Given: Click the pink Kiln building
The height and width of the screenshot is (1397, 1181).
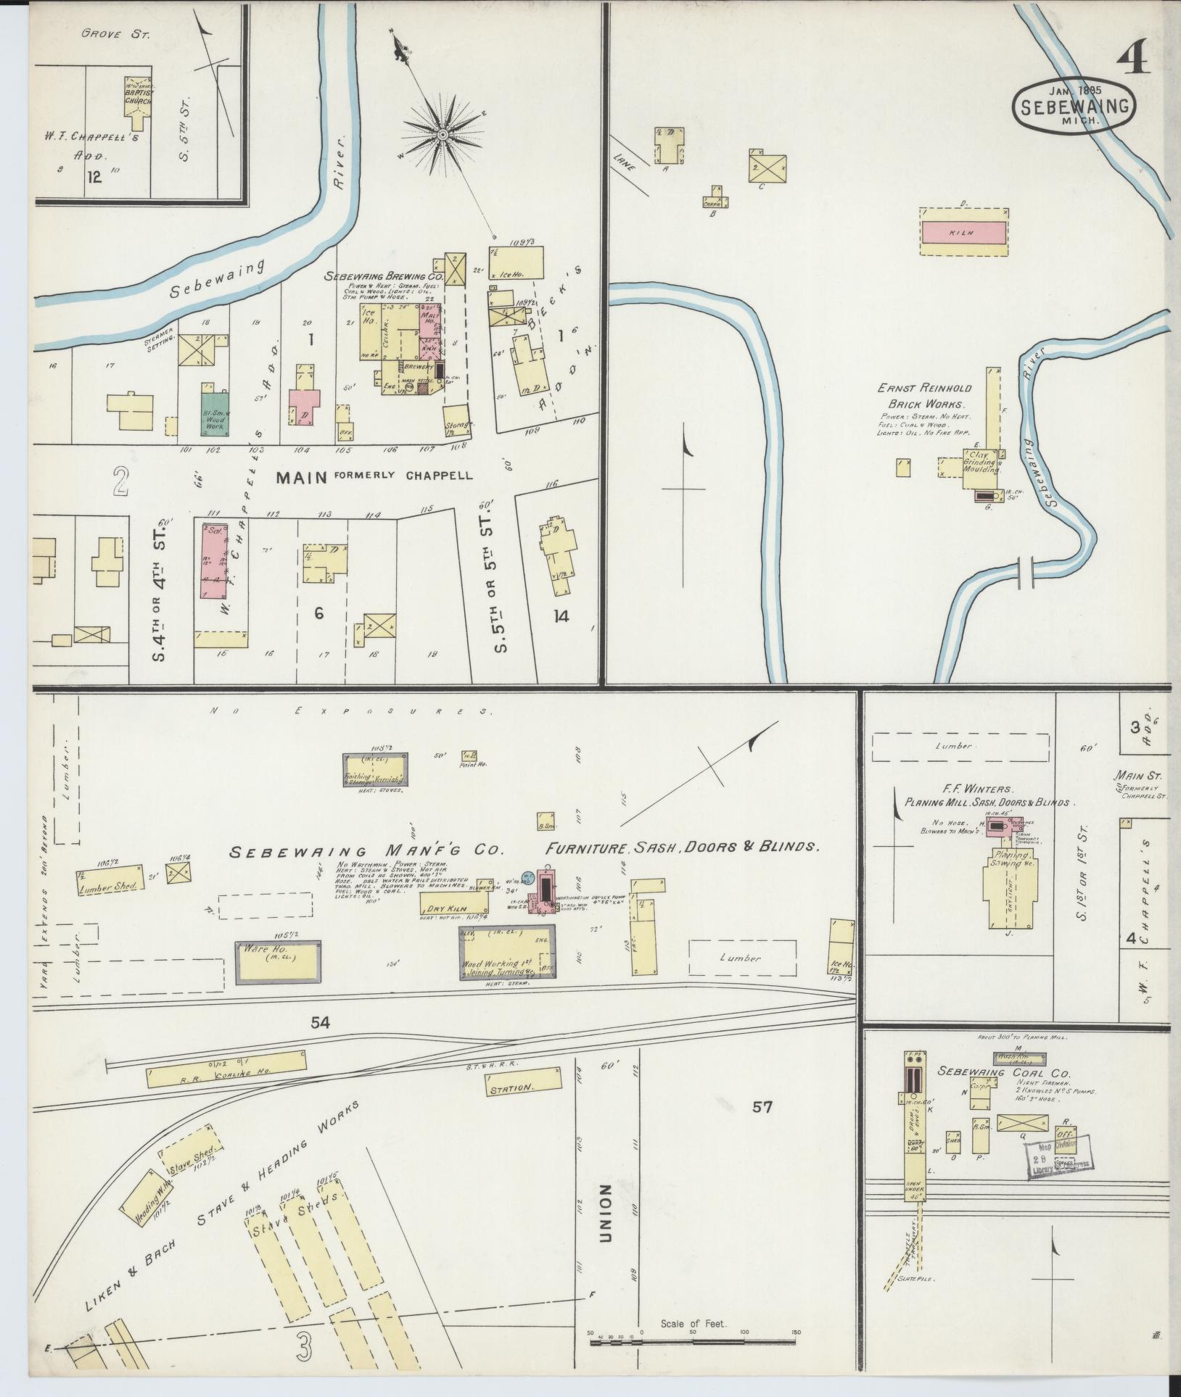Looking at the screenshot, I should coord(963,233).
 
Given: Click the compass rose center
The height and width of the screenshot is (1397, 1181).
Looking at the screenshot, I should coord(441,135).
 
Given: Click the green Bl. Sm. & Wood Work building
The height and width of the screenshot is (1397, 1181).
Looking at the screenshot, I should coord(215,414).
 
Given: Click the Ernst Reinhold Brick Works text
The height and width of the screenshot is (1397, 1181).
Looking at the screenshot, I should coord(925,397).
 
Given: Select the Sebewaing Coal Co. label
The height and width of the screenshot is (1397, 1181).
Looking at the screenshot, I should coord(1005,1072).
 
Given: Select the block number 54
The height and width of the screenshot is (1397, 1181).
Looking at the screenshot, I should coord(320,1022).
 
